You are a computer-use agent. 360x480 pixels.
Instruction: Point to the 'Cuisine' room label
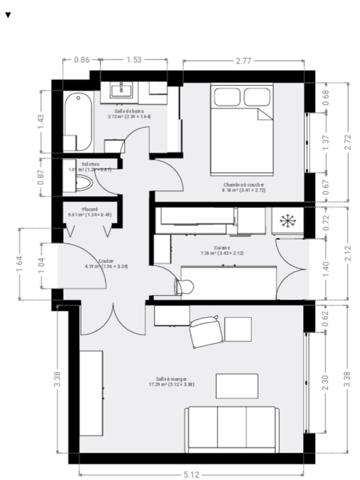[x=221, y=249]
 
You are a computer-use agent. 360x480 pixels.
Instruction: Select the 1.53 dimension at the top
[x=133, y=62]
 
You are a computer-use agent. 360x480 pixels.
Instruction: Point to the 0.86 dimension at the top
[x=83, y=62]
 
